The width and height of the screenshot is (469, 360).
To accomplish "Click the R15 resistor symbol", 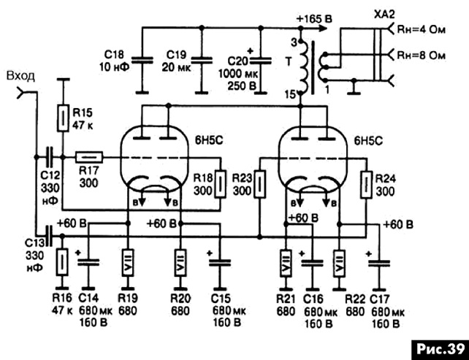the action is point(63,118).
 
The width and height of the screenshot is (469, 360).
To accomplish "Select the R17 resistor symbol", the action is point(89,157).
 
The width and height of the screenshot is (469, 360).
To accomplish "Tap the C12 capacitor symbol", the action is point(49,157).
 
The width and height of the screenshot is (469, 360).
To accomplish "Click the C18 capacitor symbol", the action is point(142,61).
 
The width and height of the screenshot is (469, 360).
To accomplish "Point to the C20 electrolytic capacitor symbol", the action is point(261,61).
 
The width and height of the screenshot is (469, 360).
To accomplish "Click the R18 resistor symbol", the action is point(220,184).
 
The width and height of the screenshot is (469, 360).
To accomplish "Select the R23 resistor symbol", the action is point(259,184).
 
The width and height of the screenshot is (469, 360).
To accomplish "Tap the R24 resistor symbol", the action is point(366,184).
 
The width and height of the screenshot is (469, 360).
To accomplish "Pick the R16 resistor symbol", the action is point(62,261).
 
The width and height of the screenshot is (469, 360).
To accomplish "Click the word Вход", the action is point(20,76).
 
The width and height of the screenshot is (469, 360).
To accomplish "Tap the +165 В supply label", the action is point(314,20).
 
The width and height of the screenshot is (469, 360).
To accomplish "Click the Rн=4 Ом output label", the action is point(421,30).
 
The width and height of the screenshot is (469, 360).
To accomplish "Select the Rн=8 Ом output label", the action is point(421,55).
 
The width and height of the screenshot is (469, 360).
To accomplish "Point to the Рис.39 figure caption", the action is point(441,349).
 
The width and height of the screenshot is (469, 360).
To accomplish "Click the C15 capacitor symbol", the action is point(220,263).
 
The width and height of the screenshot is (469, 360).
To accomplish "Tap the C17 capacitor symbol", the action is point(379,263).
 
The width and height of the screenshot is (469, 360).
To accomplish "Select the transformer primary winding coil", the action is point(304,68).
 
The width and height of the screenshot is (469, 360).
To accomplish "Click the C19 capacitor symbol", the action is point(202,61).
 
